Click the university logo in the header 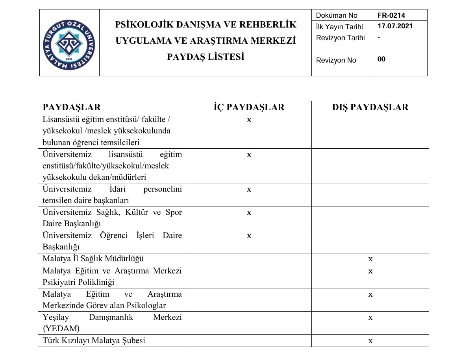[69, 43]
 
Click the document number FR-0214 [391, 15]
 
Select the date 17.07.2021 [395, 27]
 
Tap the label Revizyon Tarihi [340, 38]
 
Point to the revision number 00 [381, 59]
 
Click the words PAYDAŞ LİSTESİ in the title [206, 57]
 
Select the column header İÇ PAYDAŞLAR [249, 107]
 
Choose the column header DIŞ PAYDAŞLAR [370, 107]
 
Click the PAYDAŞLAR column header [72, 107]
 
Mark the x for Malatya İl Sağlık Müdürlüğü [370, 259]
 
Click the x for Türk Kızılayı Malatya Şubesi [370, 341]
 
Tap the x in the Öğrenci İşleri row [249, 236]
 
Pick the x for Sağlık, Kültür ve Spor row [249, 212]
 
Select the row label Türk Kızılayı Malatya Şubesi [94, 341]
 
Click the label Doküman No [337, 15]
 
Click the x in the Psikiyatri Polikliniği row [370, 271]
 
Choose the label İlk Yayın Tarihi [339, 27]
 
